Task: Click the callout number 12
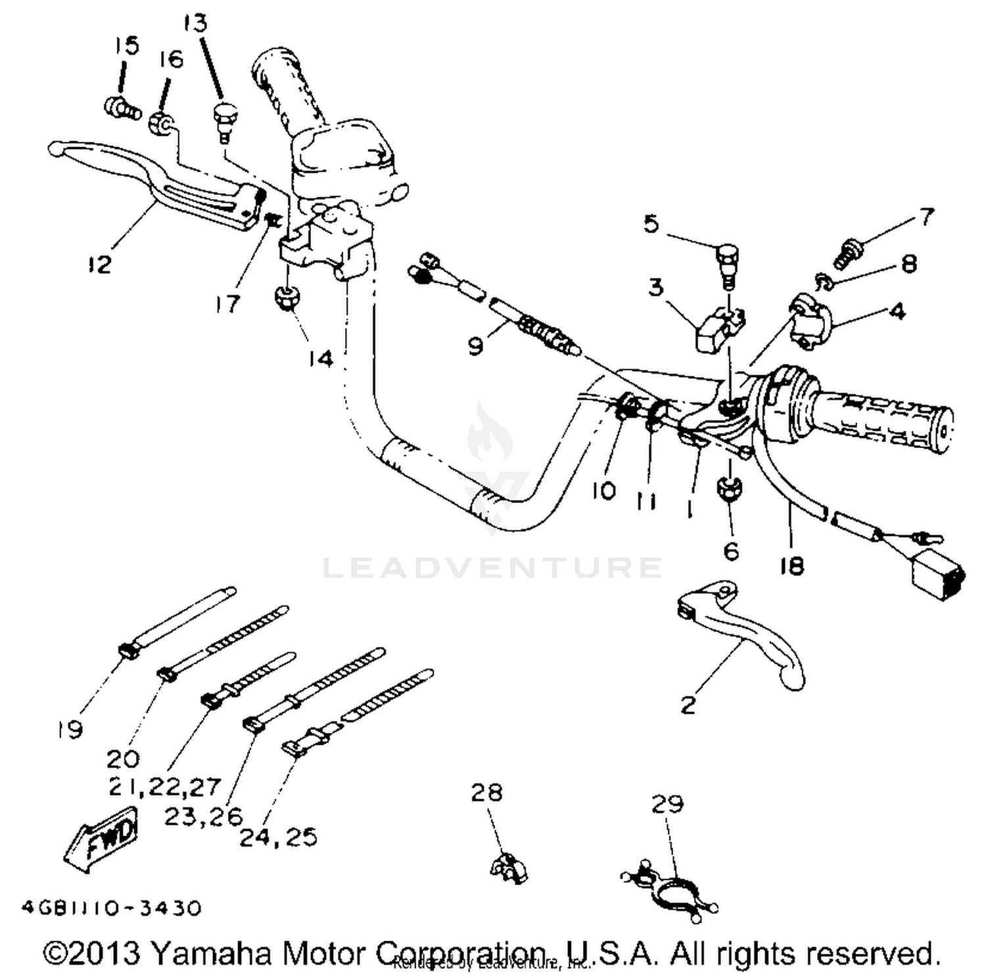[99, 264]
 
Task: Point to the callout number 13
[195, 23]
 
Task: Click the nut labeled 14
[287, 298]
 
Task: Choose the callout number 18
[791, 566]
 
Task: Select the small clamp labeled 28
[509, 868]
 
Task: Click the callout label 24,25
[278, 837]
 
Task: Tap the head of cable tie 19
[127, 650]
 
